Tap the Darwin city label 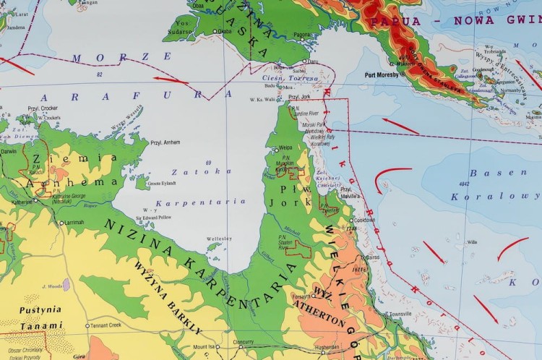pyautogui.click(x=9, y=152)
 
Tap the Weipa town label pyautogui.click(x=285, y=147)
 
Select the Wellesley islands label pyautogui.click(x=219, y=239)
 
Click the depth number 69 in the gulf pyautogui.click(x=208, y=162)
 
